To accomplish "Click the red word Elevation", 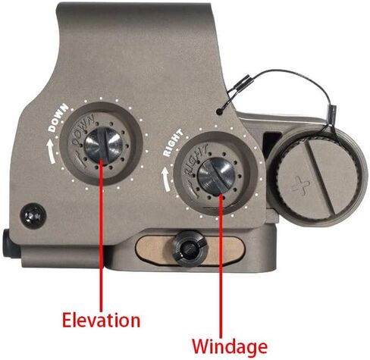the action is (101, 320).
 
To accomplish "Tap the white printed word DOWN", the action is (58, 118).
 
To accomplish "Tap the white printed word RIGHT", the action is (173, 142).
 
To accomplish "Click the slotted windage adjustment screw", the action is (216, 176).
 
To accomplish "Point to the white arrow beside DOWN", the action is (52, 151).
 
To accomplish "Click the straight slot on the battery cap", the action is (320, 177).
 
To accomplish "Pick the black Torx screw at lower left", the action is (33, 216).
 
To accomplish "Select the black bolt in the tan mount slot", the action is (191, 249).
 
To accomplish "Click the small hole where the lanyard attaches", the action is (220, 111).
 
